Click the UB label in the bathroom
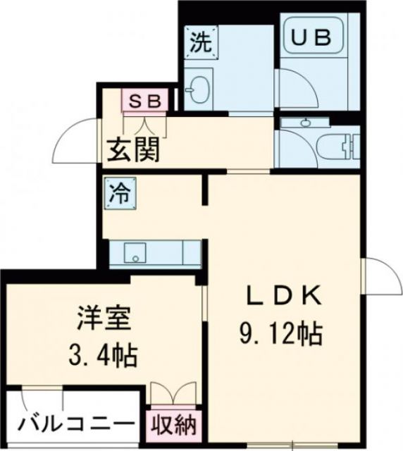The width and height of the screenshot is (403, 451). pyautogui.click(x=311, y=39)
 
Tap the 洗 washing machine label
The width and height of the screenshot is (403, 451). pyautogui.click(x=201, y=42)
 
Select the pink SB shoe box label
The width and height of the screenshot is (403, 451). pyautogui.click(x=145, y=100)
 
